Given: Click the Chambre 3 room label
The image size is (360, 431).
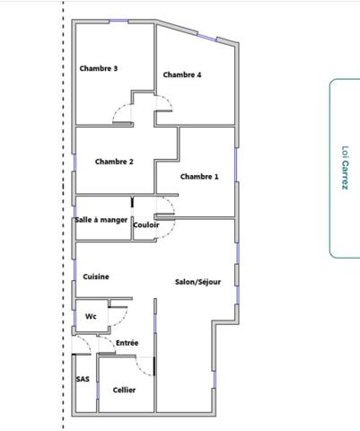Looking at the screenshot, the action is pyautogui.click(x=99, y=68).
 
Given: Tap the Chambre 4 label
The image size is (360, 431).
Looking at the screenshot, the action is pyautogui.click(x=182, y=75).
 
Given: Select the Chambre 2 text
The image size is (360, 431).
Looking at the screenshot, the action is pyautogui.click(x=114, y=162).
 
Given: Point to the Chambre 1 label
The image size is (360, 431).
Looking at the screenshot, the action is pyautogui.click(x=199, y=177).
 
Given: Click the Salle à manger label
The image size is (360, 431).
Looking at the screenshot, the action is pyautogui.click(x=101, y=220).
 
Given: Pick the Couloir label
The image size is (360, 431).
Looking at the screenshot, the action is pyautogui.click(x=146, y=224).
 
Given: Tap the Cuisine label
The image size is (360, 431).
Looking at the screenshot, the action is pyautogui.click(x=96, y=277).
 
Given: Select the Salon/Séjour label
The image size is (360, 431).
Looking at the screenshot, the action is pyautogui.click(x=198, y=282).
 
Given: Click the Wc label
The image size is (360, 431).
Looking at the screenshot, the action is pyautogui.click(x=91, y=316).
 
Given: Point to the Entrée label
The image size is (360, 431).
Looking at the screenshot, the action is pyautogui.click(x=127, y=343).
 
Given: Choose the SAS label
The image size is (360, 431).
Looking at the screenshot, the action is pyautogui.click(x=83, y=379).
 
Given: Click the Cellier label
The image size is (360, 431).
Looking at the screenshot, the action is pyautogui.click(x=124, y=390).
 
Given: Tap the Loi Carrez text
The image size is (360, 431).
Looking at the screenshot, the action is pyautogui.click(x=345, y=168).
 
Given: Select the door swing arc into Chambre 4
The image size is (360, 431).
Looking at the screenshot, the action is pyautogui.click(x=168, y=100).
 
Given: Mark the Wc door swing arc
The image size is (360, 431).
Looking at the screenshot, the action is pyautogui.click(x=123, y=321).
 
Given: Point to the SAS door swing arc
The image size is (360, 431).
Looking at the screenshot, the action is pyautogui.click(x=86, y=342).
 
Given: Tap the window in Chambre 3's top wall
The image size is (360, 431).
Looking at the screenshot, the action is pyautogui.click(x=119, y=21).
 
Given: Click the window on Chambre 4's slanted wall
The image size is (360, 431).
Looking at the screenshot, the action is pyautogui.click(x=206, y=37).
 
